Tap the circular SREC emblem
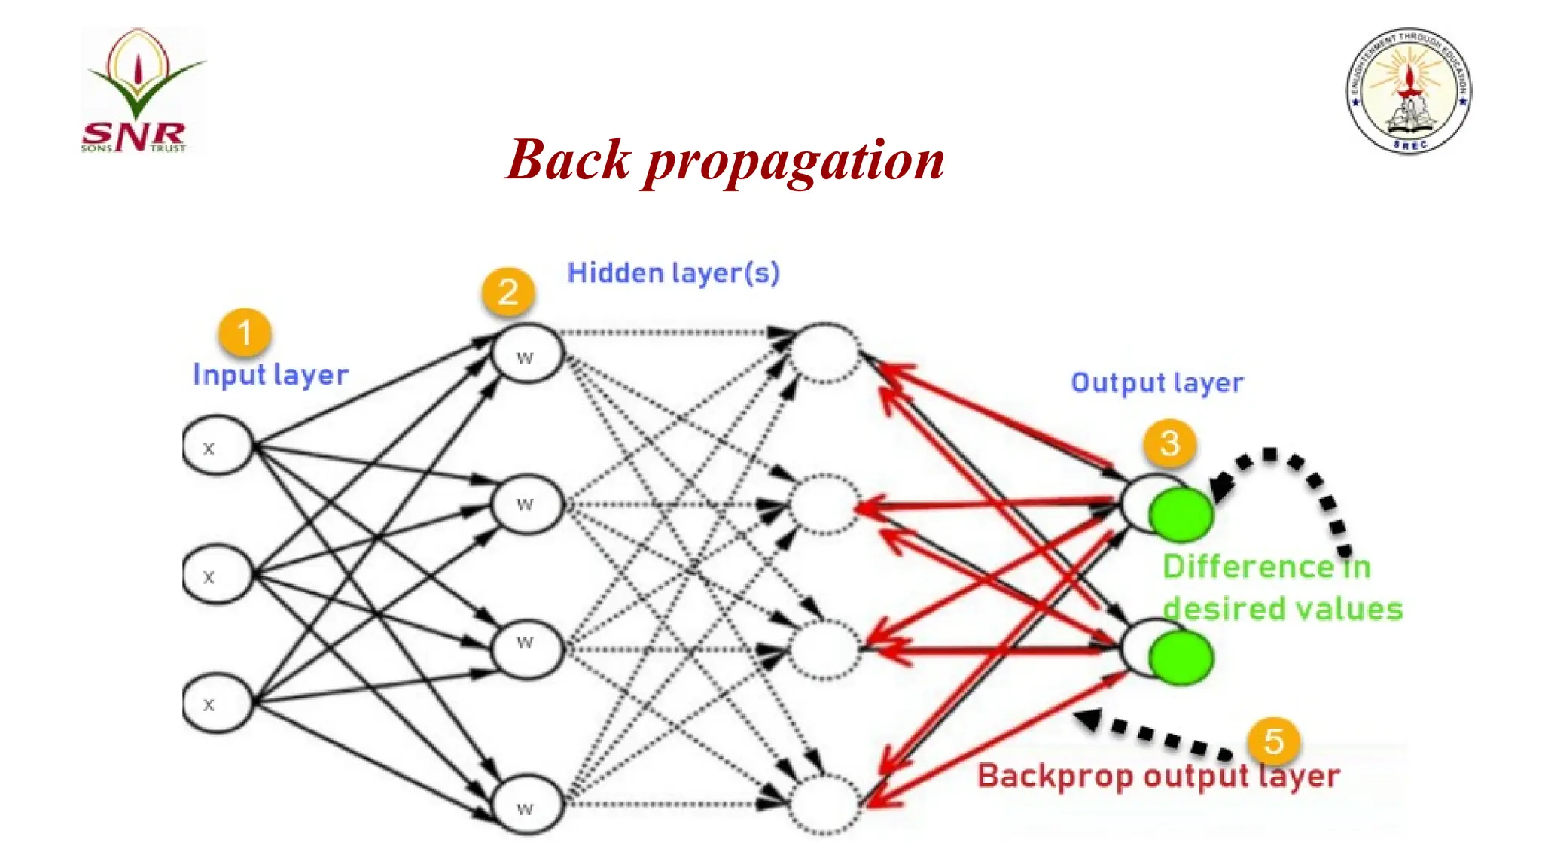(1409, 91)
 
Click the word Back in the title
(568, 160)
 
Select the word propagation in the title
(794, 162)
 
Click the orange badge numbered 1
(245, 333)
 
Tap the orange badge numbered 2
(508, 292)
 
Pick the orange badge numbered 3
(1169, 443)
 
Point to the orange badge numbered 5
(1273, 741)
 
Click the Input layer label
(270, 375)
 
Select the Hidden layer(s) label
(673, 273)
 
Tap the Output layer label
(1156, 383)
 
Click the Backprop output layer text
(1158, 776)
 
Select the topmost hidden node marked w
(526, 354)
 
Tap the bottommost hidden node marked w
(526, 807)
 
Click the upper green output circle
(1181, 515)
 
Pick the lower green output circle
(1181, 658)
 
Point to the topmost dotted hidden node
(824, 352)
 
